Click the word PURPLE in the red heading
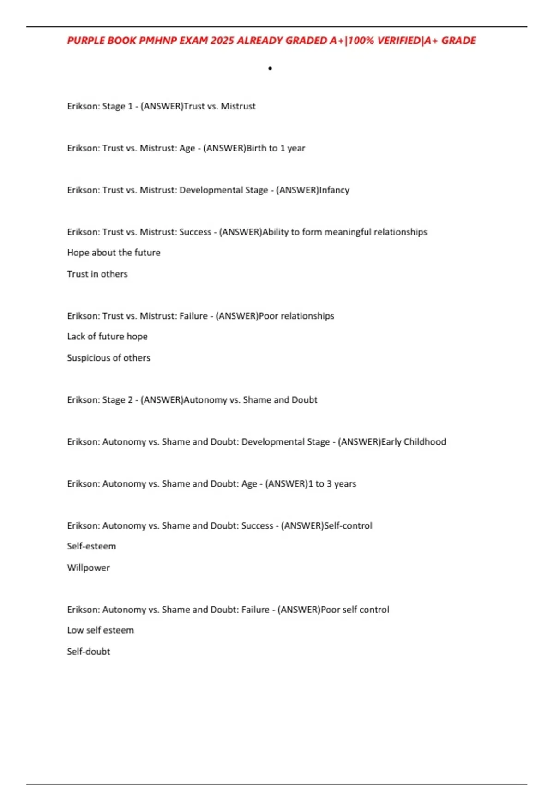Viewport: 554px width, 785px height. pyautogui.click(x=86, y=41)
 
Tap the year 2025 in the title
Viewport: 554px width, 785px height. pyautogui.click(x=222, y=41)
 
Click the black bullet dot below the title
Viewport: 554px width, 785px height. pyautogui.click(x=270, y=69)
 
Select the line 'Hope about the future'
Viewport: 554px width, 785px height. pyautogui.click(x=114, y=253)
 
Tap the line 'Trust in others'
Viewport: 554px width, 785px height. pyautogui.click(x=97, y=274)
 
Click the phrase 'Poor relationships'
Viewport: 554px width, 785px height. pyautogui.click(x=296, y=316)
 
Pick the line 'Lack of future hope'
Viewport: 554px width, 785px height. pyautogui.click(x=107, y=337)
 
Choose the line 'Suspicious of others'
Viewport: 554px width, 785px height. pyautogui.click(x=108, y=358)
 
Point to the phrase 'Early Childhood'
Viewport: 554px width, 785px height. pyautogui.click(x=414, y=442)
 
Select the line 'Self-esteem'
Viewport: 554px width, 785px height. pyautogui.click(x=91, y=546)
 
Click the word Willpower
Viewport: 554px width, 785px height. pyautogui.click(x=88, y=568)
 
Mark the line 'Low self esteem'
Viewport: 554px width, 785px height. pyautogui.click(x=100, y=630)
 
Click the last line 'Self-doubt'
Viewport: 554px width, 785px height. pyautogui.click(x=88, y=652)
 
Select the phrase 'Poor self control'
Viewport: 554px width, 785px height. pyautogui.click(x=355, y=610)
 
